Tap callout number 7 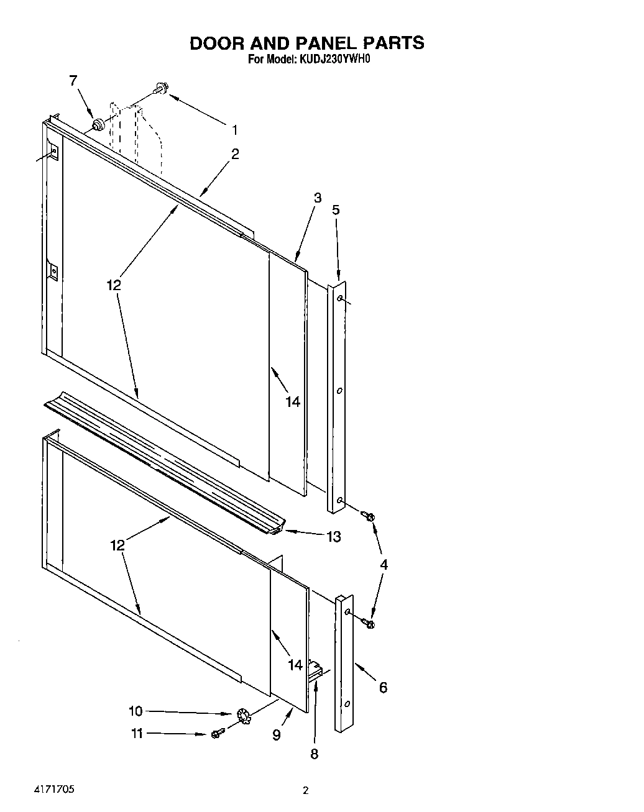click(73, 80)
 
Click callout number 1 click(235, 130)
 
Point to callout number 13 click(334, 537)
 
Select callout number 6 click(383, 687)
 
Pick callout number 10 click(136, 711)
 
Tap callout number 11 click(137, 734)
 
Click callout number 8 click(314, 754)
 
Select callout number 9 click(276, 735)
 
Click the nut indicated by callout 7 click(98, 125)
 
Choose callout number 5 click(336, 210)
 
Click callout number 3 click(317, 198)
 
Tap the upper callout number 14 click(293, 402)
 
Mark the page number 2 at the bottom click(305, 791)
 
